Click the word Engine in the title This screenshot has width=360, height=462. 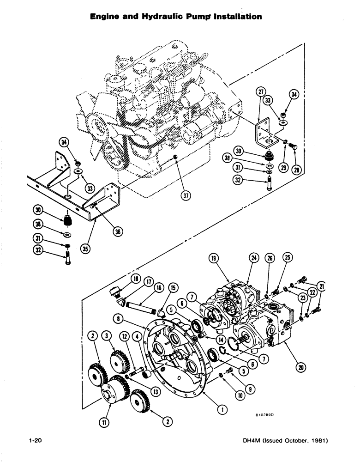pyautogui.click(x=104, y=16)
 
